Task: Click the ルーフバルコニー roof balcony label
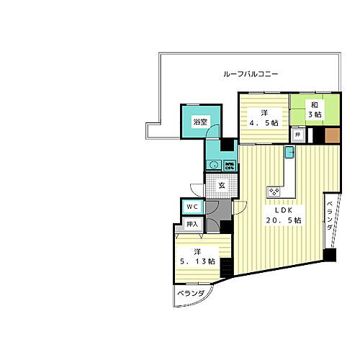[x=251, y=74]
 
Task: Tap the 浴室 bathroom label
[x=200, y=122]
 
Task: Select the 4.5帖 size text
[x=263, y=122]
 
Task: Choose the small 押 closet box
[x=297, y=134]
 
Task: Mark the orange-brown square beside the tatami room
[x=332, y=135]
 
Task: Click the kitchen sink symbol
[x=289, y=152]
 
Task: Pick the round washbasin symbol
[x=213, y=166]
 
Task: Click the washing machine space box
[x=228, y=166]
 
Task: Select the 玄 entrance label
[x=222, y=185]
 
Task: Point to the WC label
[x=191, y=207]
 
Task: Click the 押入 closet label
[x=192, y=225]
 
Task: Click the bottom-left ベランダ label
[x=192, y=294]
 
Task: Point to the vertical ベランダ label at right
[x=330, y=217]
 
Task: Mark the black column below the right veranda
[x=330, y=254]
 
